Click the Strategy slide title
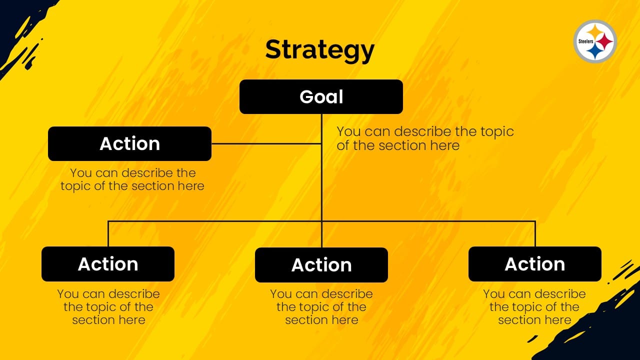(x=319, y=50)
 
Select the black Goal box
(x=321, y=97)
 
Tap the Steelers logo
(x=595, y=41)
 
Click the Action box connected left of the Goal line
(x=129, y=143)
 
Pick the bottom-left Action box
(x=108, y=264)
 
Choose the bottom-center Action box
(x=321, y=265)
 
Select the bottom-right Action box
(x=535, y=264)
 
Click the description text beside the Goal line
(x=425, y=138)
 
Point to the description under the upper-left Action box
(x=132, y=179)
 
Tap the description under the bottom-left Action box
(x=108, y=307)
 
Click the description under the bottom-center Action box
(x=321, y=307)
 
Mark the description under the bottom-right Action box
(x=534, y=307)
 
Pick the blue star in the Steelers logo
(x=595, y=51)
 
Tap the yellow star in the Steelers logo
(x=595, y=32)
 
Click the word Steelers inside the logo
(x=586, y=41)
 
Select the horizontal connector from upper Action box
(x=266, y=143)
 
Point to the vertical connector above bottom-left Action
(x=108, y=233)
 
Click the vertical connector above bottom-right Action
(x=535, y=233)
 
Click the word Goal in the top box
(x=321, y=97)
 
